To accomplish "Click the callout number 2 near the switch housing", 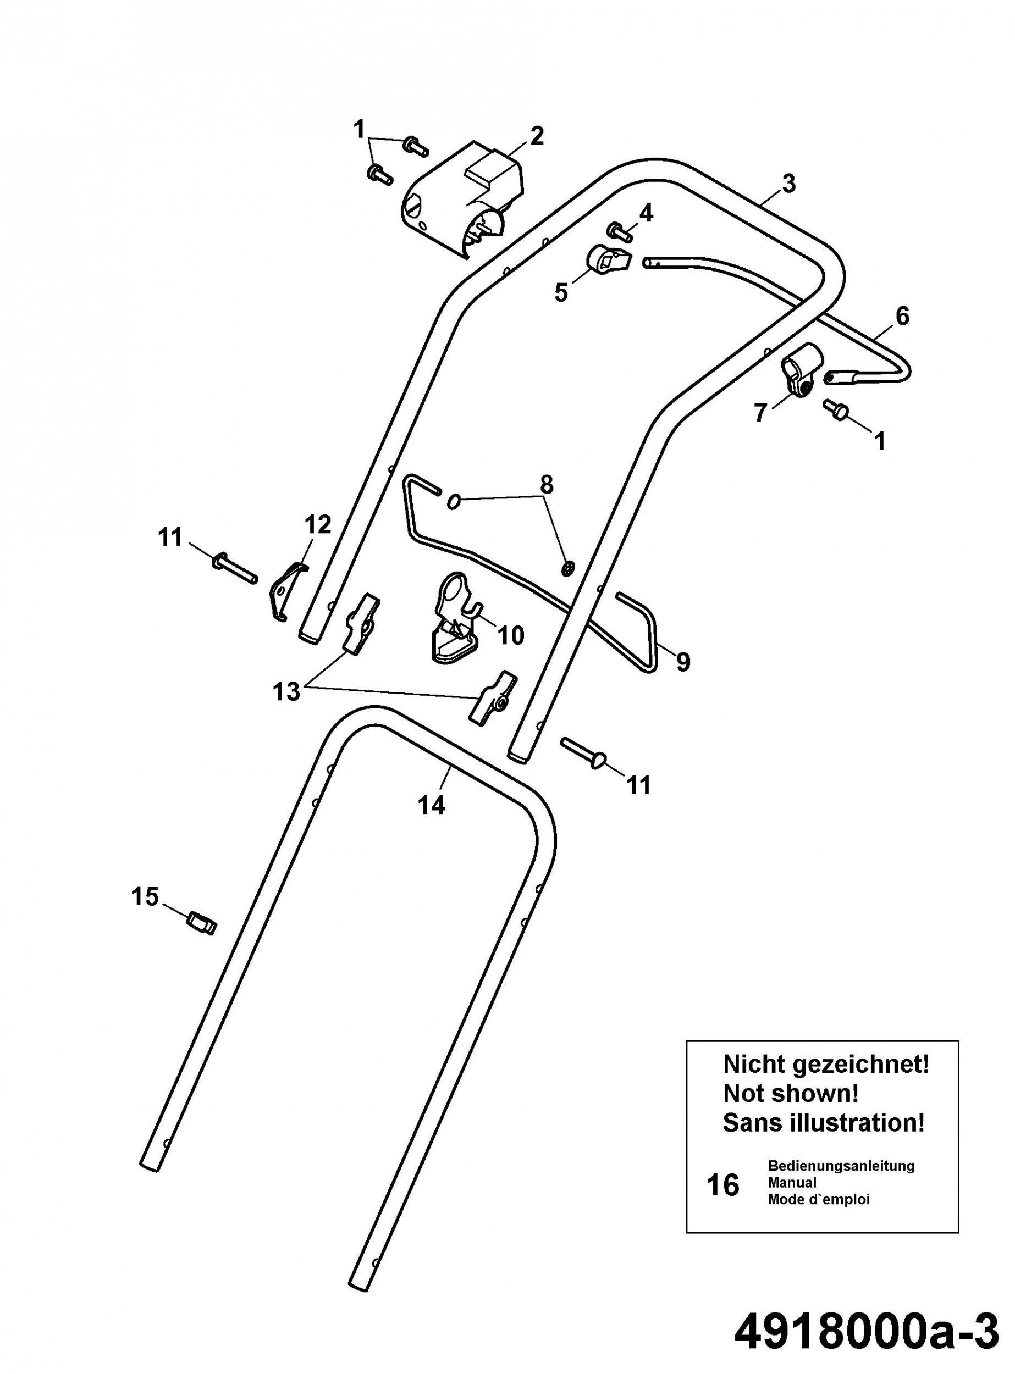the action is (537, 136).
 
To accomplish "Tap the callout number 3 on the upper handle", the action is (789, 184).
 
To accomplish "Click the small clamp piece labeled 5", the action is (609, 259).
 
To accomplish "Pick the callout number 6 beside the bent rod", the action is (902, 317).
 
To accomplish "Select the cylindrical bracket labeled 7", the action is (801, 370).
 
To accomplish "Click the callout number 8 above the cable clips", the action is (546, 485).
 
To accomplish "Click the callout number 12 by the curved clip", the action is (318, 524).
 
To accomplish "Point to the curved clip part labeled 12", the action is (288, 590).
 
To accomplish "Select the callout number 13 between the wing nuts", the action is (286, 691).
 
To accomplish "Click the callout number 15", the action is (145, 897).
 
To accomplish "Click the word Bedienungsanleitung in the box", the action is (841, 1166).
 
